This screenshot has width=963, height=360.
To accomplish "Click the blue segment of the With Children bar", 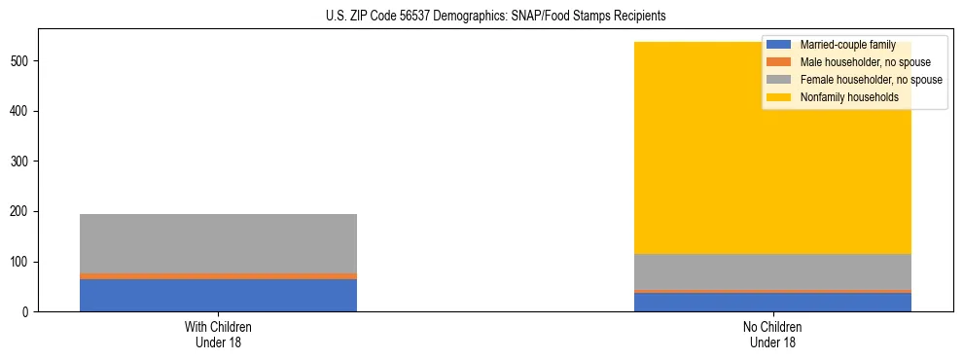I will tap(218, 295).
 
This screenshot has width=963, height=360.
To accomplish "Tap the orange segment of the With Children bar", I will tap(218, 276).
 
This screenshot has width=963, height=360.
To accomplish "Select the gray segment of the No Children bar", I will tap(772, 271).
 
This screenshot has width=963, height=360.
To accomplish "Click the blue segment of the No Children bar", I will tap(772, 302).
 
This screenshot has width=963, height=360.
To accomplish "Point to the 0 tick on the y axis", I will tap(28, 312).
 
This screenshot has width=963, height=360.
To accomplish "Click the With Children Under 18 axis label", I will tap(218, 334).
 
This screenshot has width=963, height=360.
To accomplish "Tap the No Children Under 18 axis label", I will tap(772, 334).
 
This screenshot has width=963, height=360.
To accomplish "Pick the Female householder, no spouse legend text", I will tap(871, 80).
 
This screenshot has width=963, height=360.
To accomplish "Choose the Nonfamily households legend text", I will tap(849, 97).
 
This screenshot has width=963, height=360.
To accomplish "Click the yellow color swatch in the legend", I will tap(779, 97).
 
